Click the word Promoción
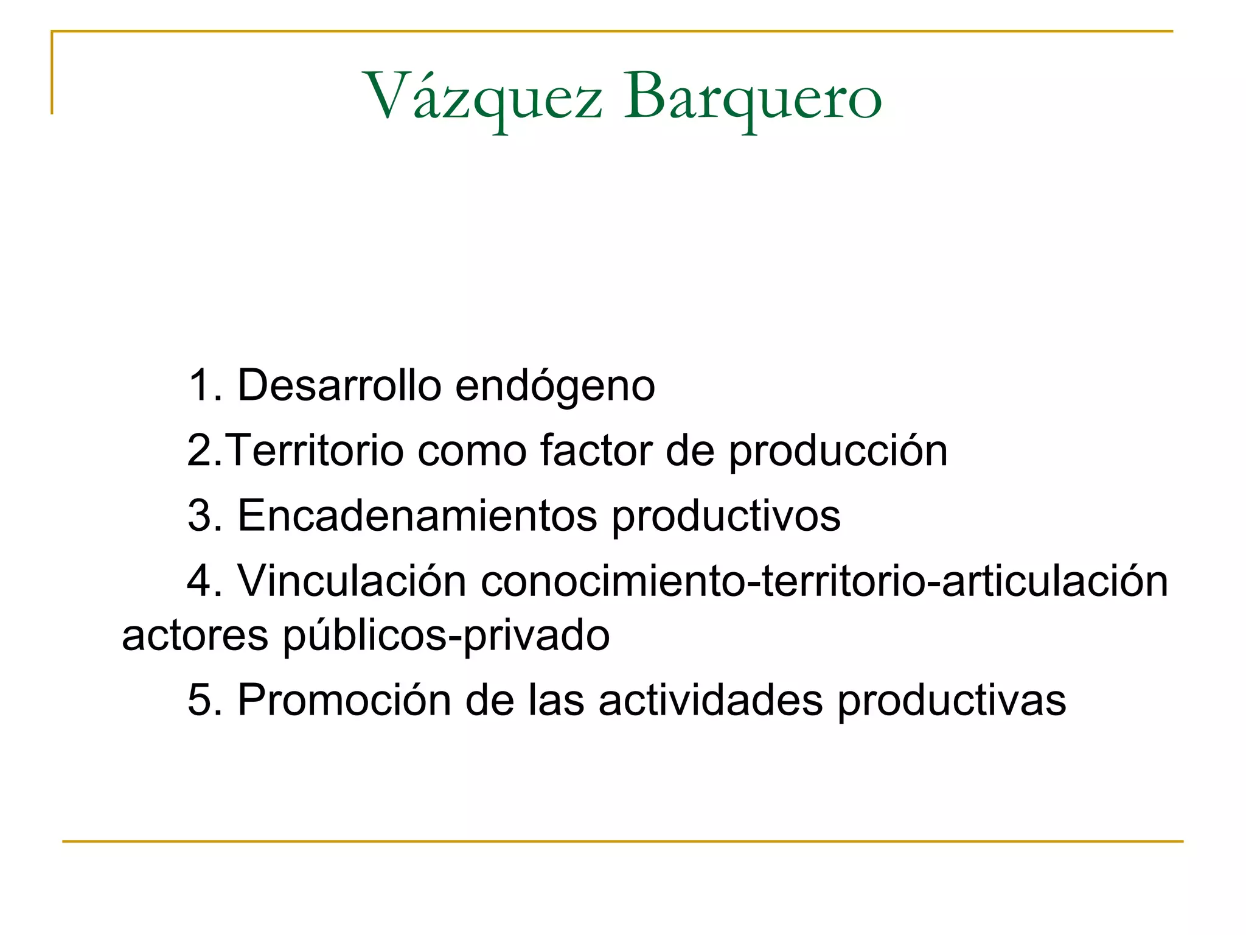344,700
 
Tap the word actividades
711,700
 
